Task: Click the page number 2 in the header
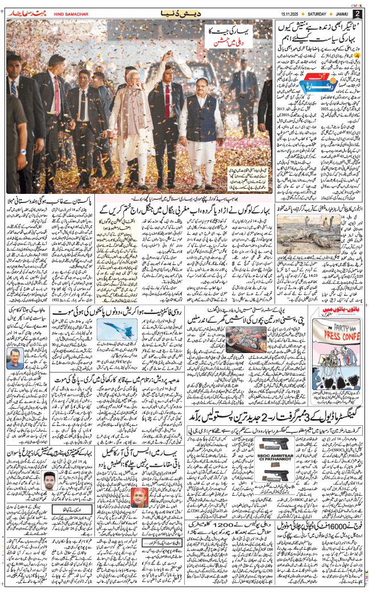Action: tap(357, 14)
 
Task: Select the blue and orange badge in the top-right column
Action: tap(306, 84)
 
